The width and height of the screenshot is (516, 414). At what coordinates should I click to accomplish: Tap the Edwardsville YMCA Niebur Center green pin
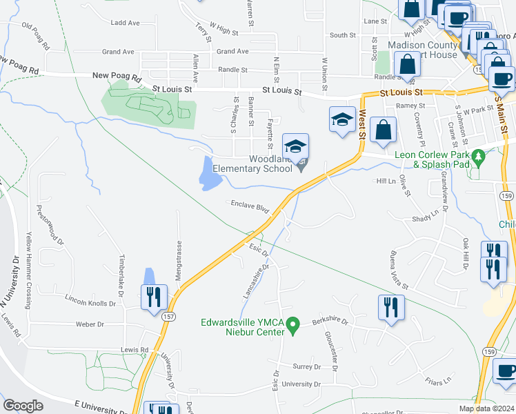292,324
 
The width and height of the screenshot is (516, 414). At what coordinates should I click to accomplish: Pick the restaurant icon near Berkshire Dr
392,306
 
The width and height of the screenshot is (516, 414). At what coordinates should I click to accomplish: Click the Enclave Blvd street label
249,206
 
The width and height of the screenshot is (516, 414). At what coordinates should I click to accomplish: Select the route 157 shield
168,317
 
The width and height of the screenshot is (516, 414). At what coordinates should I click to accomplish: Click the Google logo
23,406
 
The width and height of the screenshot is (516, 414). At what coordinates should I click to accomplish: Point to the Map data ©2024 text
486,408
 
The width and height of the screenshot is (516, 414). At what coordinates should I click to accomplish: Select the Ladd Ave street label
125,23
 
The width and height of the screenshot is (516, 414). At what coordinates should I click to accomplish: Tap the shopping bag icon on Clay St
384,129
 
